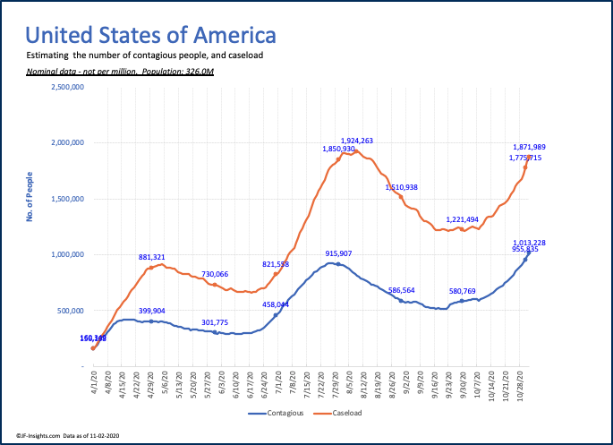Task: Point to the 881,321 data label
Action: point(157,258)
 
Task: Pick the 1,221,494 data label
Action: point(464,219)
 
